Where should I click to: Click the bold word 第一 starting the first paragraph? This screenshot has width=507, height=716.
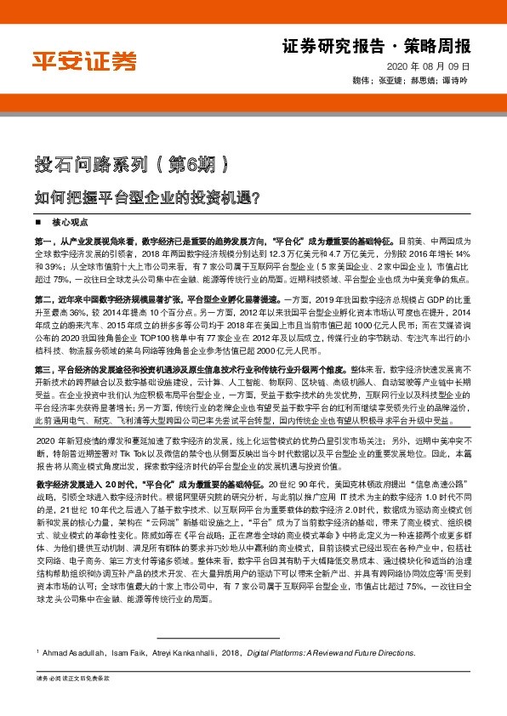(44, 242)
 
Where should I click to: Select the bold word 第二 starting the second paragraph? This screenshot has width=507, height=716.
(44, 300)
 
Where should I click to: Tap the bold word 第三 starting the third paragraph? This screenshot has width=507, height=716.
(44, 371)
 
